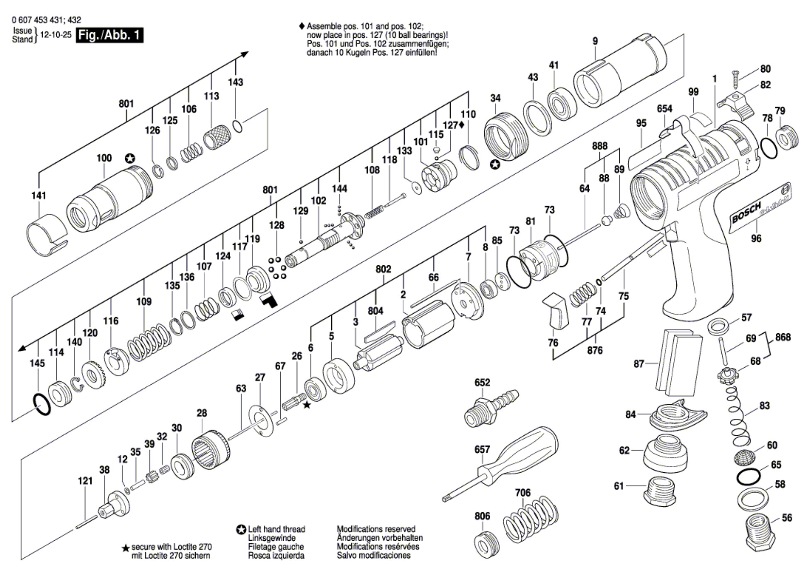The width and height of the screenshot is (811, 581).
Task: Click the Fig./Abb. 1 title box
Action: [110, 35]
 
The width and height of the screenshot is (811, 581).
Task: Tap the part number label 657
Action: [482, 449]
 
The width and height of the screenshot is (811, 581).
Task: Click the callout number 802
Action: [383, 269]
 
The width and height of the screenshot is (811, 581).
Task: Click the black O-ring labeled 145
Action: [42, 405]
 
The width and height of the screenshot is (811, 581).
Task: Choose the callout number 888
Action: [600, 146]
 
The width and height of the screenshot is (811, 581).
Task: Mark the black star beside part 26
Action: [307, 405]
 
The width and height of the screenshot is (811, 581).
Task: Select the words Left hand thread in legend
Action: [277, 529]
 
